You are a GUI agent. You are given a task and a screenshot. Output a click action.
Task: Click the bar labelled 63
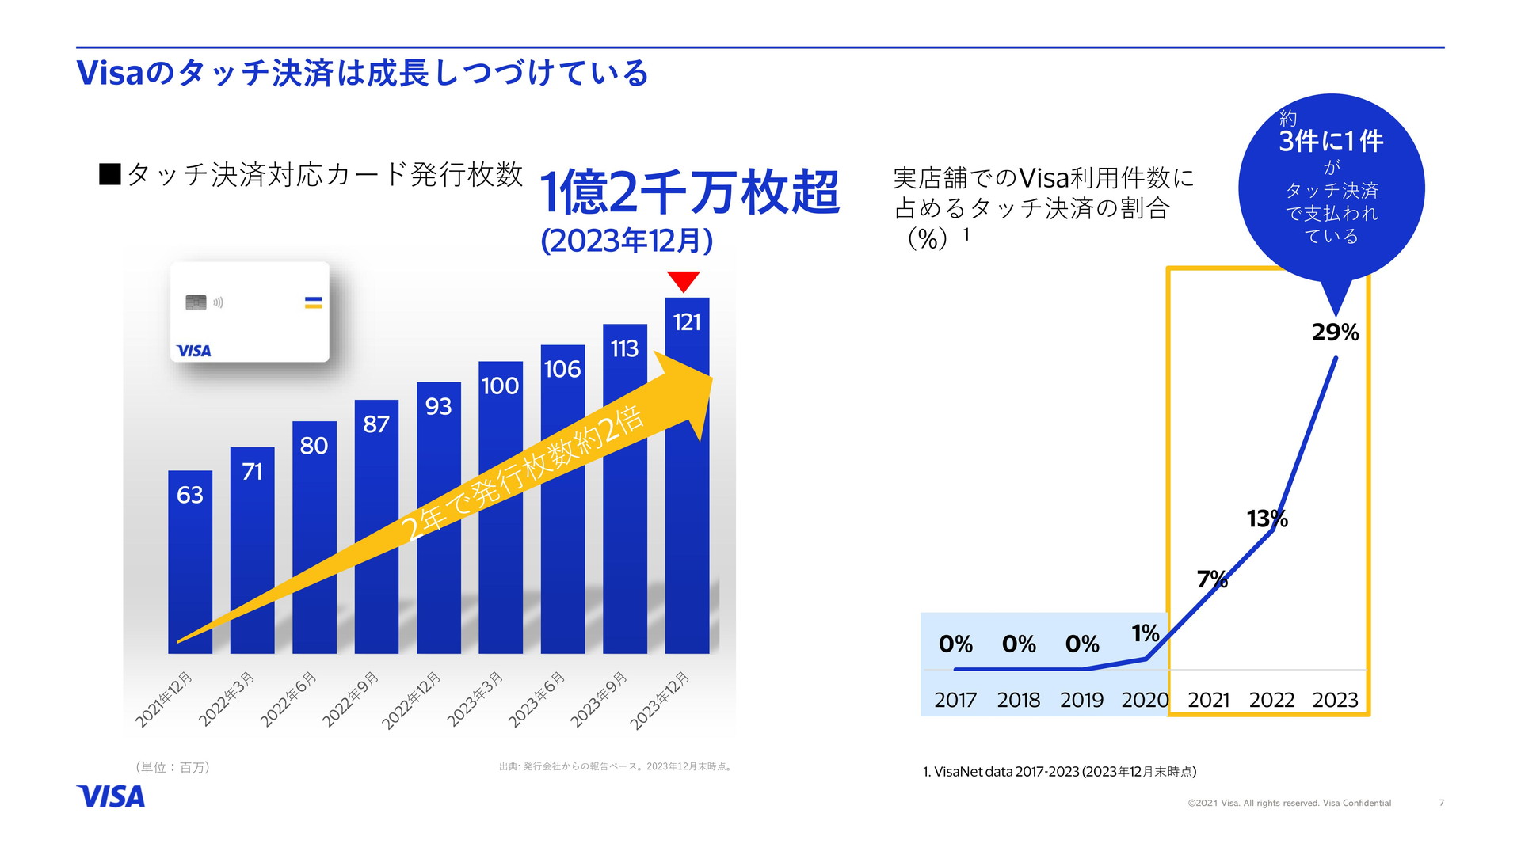[190, 562]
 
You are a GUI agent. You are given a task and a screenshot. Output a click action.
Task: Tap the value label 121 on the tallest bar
[687, 322]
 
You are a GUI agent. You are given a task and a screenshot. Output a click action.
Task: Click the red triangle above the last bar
[683, 280]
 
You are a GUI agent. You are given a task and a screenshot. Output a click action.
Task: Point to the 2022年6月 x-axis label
[289, 699]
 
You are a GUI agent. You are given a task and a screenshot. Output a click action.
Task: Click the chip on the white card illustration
[196, 302]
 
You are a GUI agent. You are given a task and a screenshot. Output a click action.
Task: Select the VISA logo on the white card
[193, 351]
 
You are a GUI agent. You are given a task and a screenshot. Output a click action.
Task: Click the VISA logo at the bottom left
[111, 796]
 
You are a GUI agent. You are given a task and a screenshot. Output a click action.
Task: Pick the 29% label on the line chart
[1335, 332]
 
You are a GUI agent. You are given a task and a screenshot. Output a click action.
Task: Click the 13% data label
[1267, 519]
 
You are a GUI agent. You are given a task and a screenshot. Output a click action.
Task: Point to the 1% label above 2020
[1145, 633]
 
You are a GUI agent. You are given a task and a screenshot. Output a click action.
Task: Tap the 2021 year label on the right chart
[1208, 700]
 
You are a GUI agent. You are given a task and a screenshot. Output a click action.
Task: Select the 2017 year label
[955, 700]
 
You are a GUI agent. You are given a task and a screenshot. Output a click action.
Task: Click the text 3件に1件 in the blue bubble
[1331, 142]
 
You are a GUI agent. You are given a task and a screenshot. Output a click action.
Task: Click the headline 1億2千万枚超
[688, 192]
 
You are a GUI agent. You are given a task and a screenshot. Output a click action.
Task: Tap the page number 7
[1442, 803]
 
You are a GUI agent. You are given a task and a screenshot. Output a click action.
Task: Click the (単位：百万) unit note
[173, 767]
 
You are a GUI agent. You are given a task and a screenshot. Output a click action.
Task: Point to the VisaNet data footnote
[1059, 772]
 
